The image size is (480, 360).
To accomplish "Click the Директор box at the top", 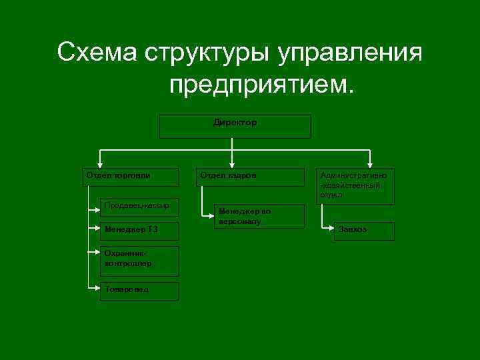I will (235, 126).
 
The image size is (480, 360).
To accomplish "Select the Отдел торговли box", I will (131, 177).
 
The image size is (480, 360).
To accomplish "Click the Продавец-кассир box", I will (139, 207).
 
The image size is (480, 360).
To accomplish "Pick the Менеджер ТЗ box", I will (139, 231).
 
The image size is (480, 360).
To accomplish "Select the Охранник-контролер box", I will (139, 261).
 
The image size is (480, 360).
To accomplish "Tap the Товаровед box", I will (139, 291).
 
